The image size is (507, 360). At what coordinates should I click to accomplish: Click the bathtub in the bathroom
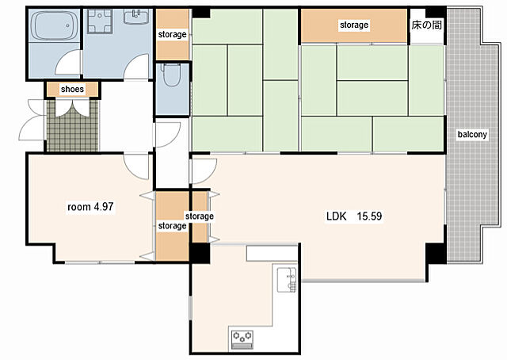coord(55,25)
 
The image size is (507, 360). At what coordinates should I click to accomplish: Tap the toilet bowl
coord(172,75)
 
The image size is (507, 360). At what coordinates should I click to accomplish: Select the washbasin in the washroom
coord(136,16)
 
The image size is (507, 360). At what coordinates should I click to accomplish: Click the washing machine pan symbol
coord(100,21)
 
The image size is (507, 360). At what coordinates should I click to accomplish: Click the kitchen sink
coord(287,280)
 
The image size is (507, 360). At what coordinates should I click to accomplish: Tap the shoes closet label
coord(72,89)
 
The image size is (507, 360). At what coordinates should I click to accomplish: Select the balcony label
coord(472,134)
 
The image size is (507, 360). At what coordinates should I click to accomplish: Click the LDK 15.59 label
coord(354,216)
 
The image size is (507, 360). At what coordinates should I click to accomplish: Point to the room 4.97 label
coord(90,206)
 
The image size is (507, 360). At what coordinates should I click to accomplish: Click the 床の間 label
coord(426,25)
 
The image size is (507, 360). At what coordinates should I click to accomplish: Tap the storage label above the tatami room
coord(354,25)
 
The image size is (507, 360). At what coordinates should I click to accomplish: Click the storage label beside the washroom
coord(172,34)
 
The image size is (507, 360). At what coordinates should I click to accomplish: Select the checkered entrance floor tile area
coord(72,125)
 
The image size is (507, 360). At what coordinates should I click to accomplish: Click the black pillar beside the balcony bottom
coord(436,253)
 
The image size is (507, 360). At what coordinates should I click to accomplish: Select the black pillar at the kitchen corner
coord(200,253)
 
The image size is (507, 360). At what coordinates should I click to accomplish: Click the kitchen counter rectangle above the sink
coord(272,254)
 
